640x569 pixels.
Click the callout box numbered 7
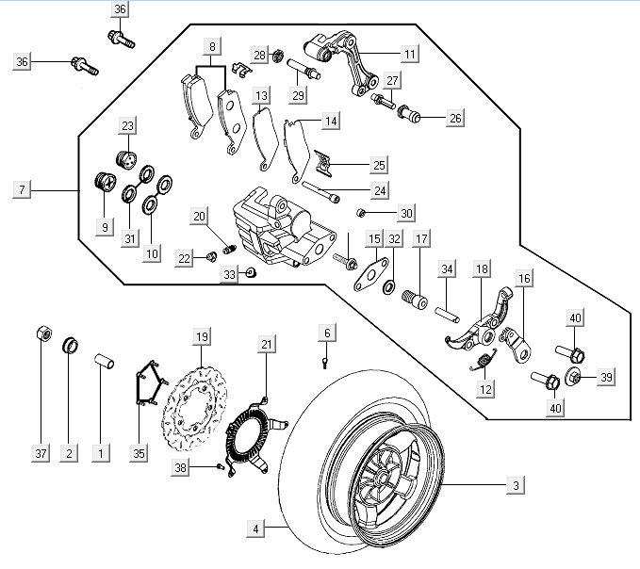pos(22,190)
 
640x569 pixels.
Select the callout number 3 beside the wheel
pos(516,485)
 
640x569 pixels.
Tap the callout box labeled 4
pos(255,528)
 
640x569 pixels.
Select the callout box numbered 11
pos(409,55)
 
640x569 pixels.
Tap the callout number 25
pos(378,165)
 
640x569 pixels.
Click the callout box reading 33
pos(230,274)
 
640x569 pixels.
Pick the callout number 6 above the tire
pos(327,333)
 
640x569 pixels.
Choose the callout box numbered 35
pos(139,453)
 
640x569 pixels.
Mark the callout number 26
pos(455,119)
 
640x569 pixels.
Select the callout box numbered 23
pos(128,126)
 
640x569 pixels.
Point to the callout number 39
pos(606,377)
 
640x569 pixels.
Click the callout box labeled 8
pos(212,47)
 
